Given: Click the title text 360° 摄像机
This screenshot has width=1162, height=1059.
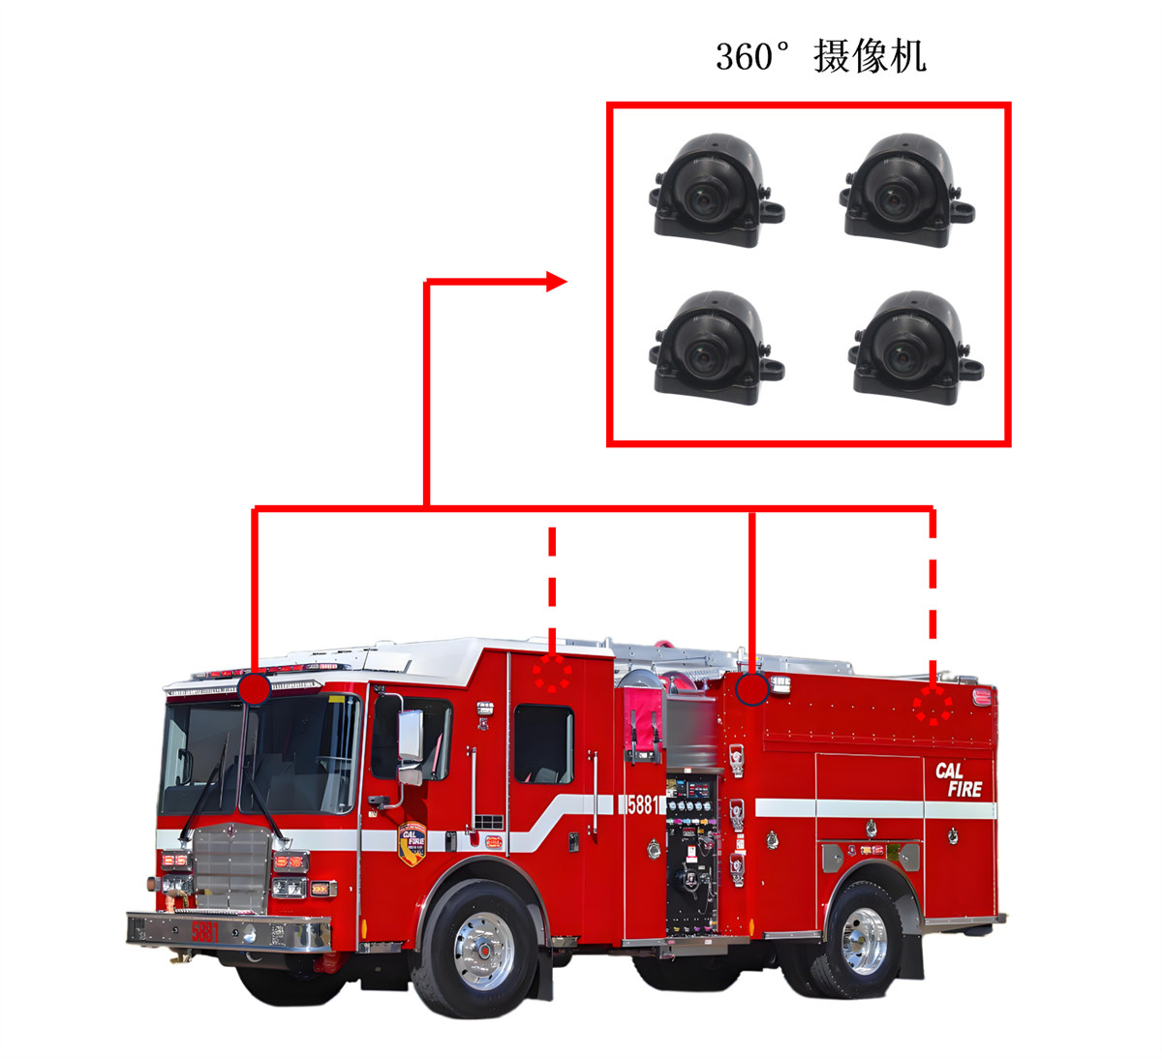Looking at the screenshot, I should pos(820,56).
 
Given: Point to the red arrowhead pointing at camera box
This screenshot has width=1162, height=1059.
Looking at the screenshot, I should pos(556,282).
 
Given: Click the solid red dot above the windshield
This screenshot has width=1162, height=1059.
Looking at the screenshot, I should pos(254,689).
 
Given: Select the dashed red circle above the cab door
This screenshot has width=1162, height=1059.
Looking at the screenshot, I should pos(553,674).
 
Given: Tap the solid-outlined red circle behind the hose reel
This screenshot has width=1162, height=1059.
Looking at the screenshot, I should pos(752,689).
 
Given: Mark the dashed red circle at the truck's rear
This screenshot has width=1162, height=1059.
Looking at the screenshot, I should pos(933,706).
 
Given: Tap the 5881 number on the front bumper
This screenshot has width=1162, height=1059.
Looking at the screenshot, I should pos(205,931).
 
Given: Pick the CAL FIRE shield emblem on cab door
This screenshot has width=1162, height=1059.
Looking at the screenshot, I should pos(413,843).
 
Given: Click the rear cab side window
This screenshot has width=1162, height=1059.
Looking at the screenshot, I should pos(542,743).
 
